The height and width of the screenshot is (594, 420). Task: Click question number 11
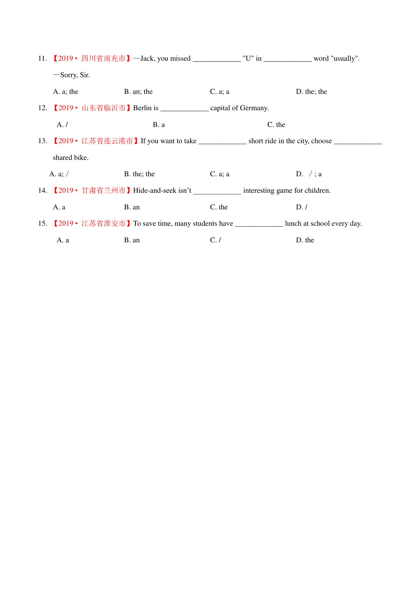coord(42,58)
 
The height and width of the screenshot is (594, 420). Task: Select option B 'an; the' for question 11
coord(138,92)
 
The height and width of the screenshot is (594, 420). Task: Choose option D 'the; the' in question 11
coord(311,92)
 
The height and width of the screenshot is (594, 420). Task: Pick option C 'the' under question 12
coord(276,125)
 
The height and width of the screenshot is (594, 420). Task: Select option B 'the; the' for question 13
coord(139,174)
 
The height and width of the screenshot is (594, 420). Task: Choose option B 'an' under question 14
coord(132,207)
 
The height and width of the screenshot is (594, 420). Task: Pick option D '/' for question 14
coord(301,207)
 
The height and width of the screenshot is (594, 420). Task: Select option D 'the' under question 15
coord(305,240)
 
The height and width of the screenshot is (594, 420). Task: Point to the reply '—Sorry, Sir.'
coord(71,75)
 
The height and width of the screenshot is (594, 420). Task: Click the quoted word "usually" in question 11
coord(344,59)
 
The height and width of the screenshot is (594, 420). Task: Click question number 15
coord(42,224)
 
